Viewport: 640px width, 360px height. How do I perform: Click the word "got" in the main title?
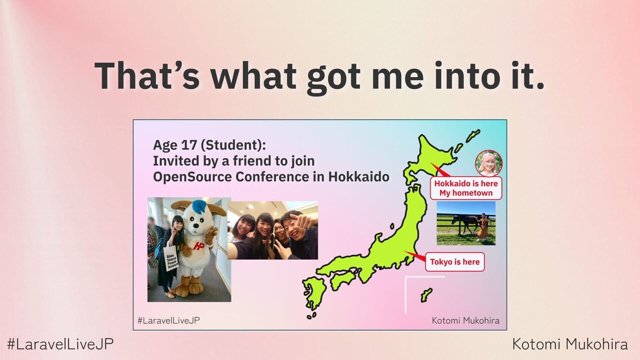[333, 78]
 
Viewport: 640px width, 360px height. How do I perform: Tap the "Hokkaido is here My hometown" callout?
[466, 188]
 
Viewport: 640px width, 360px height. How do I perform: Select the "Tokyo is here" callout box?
[455, 262]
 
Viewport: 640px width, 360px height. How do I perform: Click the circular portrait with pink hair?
[489, 163]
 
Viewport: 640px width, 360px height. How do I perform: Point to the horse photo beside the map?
[466, 223]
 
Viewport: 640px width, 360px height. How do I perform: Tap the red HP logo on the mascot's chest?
[199, 246]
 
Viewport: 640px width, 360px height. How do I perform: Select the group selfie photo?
[273, 230]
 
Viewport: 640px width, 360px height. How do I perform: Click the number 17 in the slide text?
[189, 145]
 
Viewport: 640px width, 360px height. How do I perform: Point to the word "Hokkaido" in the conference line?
[359, 177]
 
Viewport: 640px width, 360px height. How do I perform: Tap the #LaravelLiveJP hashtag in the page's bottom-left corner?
[60, 344]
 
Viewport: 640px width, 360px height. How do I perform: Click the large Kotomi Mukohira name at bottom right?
[570, 344]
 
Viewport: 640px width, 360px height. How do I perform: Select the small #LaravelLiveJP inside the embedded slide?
[169, 321]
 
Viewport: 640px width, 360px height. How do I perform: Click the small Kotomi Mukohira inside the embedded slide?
[466, 321]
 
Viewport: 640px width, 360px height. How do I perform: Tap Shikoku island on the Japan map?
[343, 279]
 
